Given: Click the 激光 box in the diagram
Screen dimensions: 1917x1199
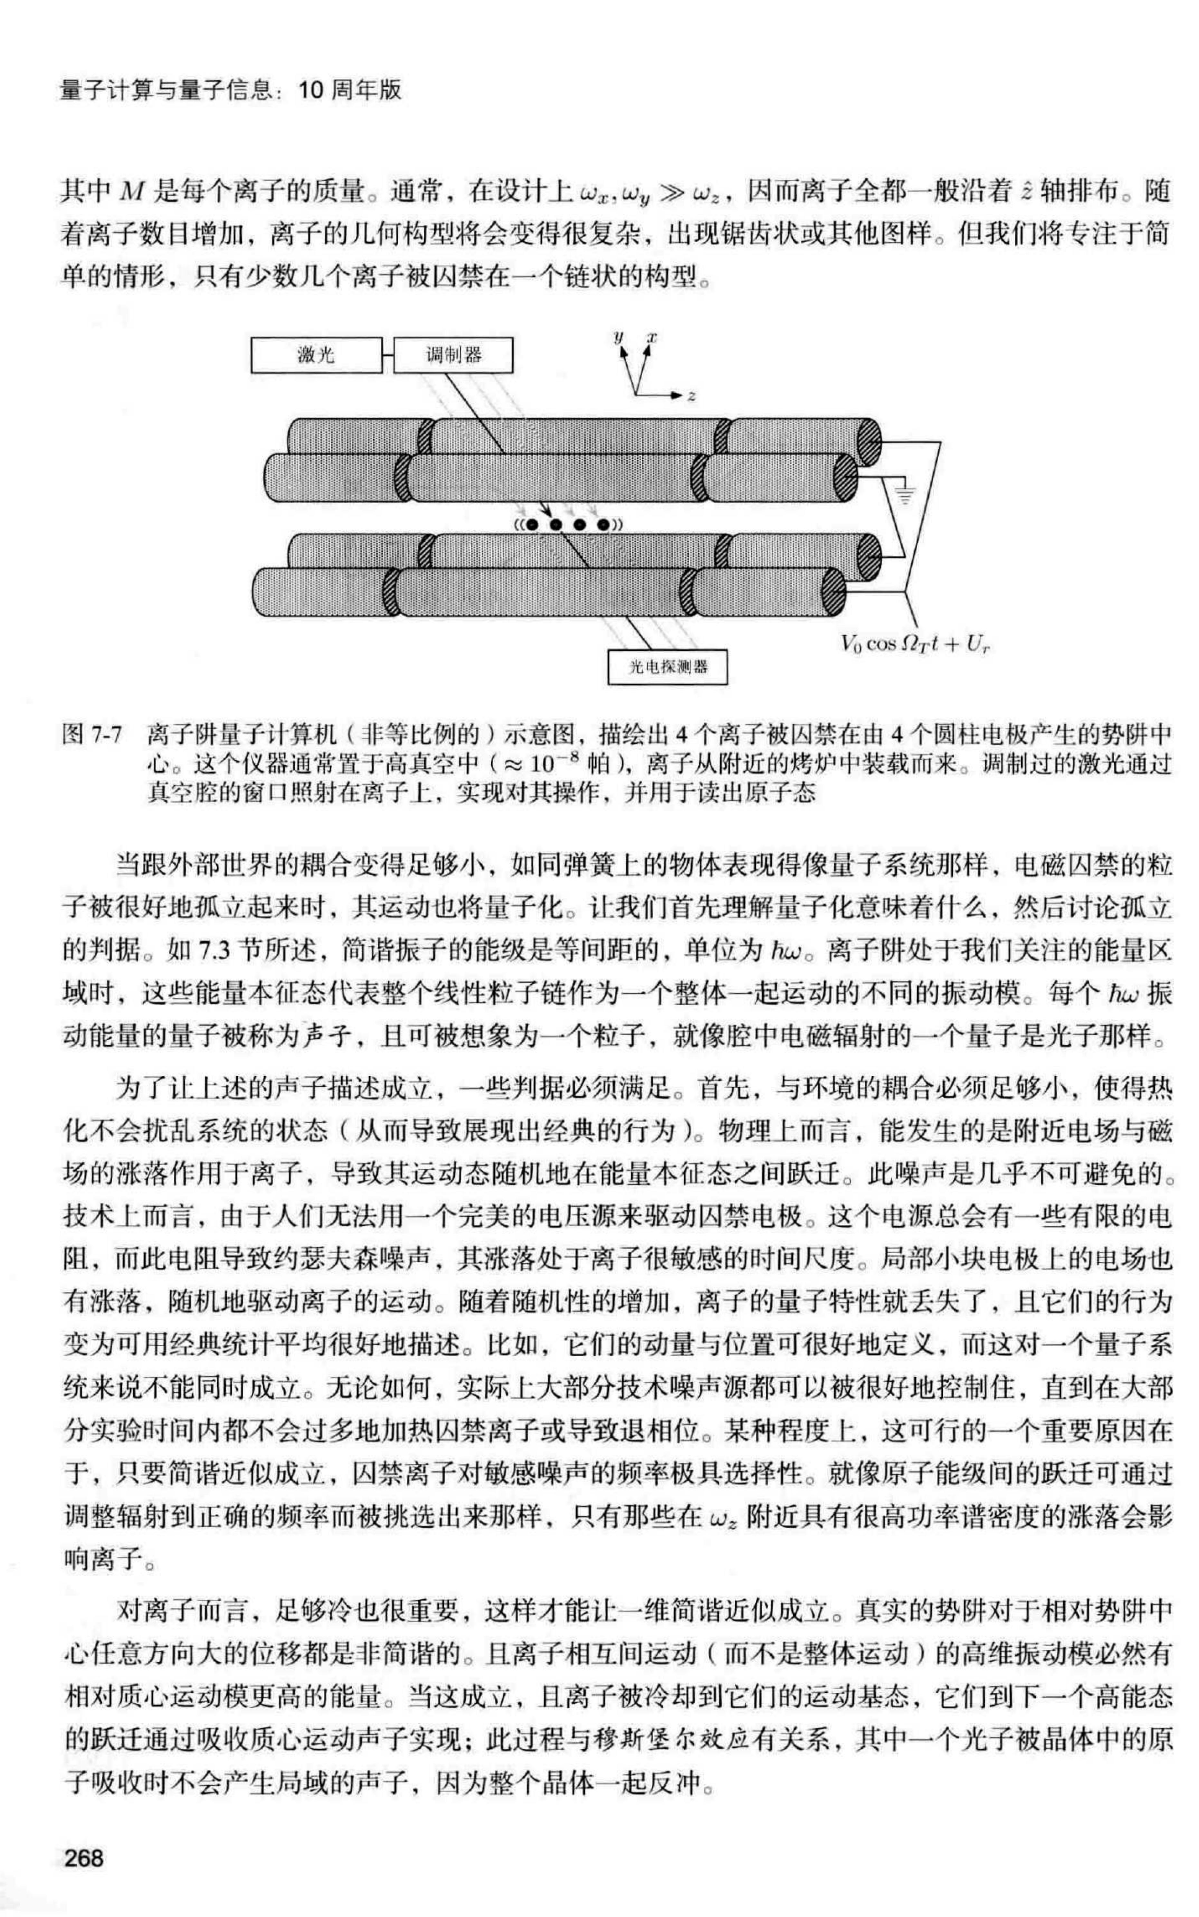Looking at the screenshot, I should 316,355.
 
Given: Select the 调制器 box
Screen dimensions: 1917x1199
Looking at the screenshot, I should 453,355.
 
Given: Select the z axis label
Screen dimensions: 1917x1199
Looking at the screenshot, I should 692,395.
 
